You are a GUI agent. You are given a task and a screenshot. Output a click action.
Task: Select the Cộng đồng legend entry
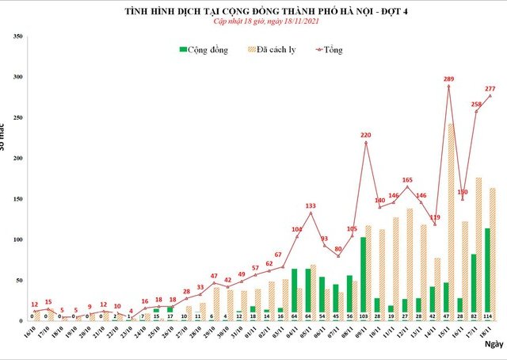[x=204, y=50]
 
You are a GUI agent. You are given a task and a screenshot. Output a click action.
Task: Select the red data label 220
[x=365, y=135]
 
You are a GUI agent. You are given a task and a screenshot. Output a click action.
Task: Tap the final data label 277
[x=490, y=89]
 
